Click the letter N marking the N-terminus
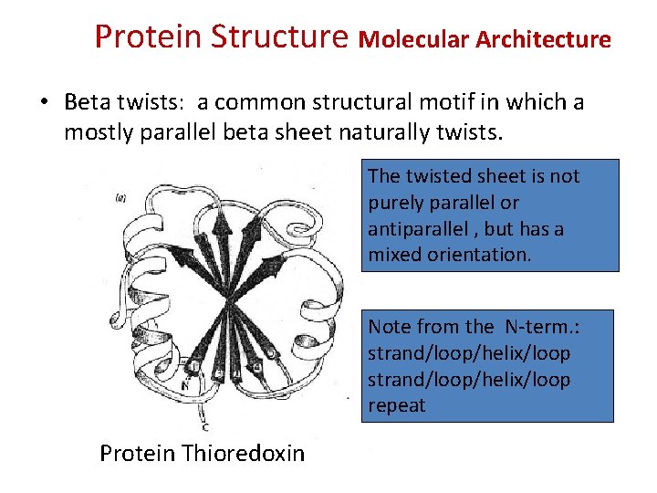coord(184,385)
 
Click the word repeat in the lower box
coord(397,405)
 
